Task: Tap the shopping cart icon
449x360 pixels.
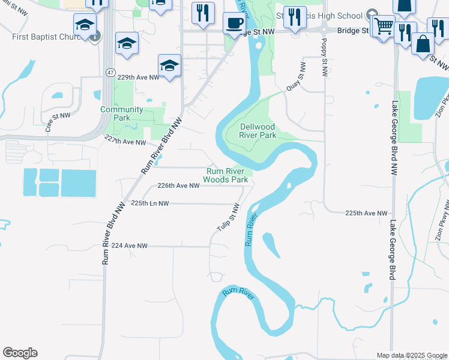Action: tap(382, 26)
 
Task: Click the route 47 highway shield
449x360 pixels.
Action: tap(110, 72)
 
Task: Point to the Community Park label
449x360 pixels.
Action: tap(122, 113)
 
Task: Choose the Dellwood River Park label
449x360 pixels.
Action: tap(258, 131)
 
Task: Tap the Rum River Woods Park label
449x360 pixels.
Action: tap(226, 175)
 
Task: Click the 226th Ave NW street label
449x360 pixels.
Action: tap(178, 186)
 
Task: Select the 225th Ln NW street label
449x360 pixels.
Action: tap(150, 203)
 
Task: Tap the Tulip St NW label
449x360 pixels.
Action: tap(228, 218)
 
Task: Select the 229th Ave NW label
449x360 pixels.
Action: tap(138, 77)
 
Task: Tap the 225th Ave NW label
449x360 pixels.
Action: tap(367, 213)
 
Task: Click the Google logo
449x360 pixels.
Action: tap(20, 353)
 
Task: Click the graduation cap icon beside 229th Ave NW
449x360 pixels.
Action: tap(170, 65)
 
